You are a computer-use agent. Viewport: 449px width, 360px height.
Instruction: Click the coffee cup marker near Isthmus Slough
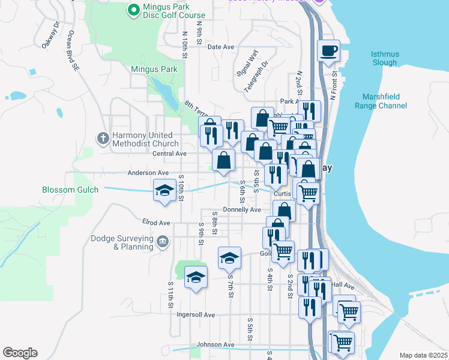pos(328,51)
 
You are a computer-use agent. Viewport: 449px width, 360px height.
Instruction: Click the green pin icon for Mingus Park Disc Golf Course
pos(134,10)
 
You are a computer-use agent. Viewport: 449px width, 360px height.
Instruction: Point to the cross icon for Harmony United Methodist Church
pos(103,139)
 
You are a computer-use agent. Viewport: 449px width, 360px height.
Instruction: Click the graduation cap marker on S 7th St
pos(229,258)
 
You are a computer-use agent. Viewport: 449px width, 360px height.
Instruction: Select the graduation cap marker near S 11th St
pos(195,277)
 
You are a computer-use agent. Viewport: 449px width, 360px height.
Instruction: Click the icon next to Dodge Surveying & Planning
pos(162,242)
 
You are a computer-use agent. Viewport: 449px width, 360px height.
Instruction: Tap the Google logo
pos(20,353)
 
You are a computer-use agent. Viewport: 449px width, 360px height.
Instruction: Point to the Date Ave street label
pos(220,47)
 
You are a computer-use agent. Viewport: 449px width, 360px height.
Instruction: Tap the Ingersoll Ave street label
pos(195,314)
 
